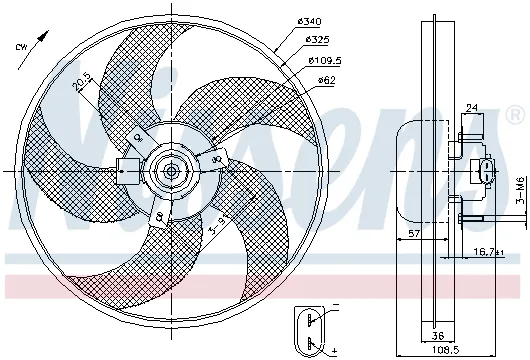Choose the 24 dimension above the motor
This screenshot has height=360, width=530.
pos(471,109)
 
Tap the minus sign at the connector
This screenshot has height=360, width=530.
pos(334,304)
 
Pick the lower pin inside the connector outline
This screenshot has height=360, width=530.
pos(312,343)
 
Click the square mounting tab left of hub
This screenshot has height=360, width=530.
pos(127,170)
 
